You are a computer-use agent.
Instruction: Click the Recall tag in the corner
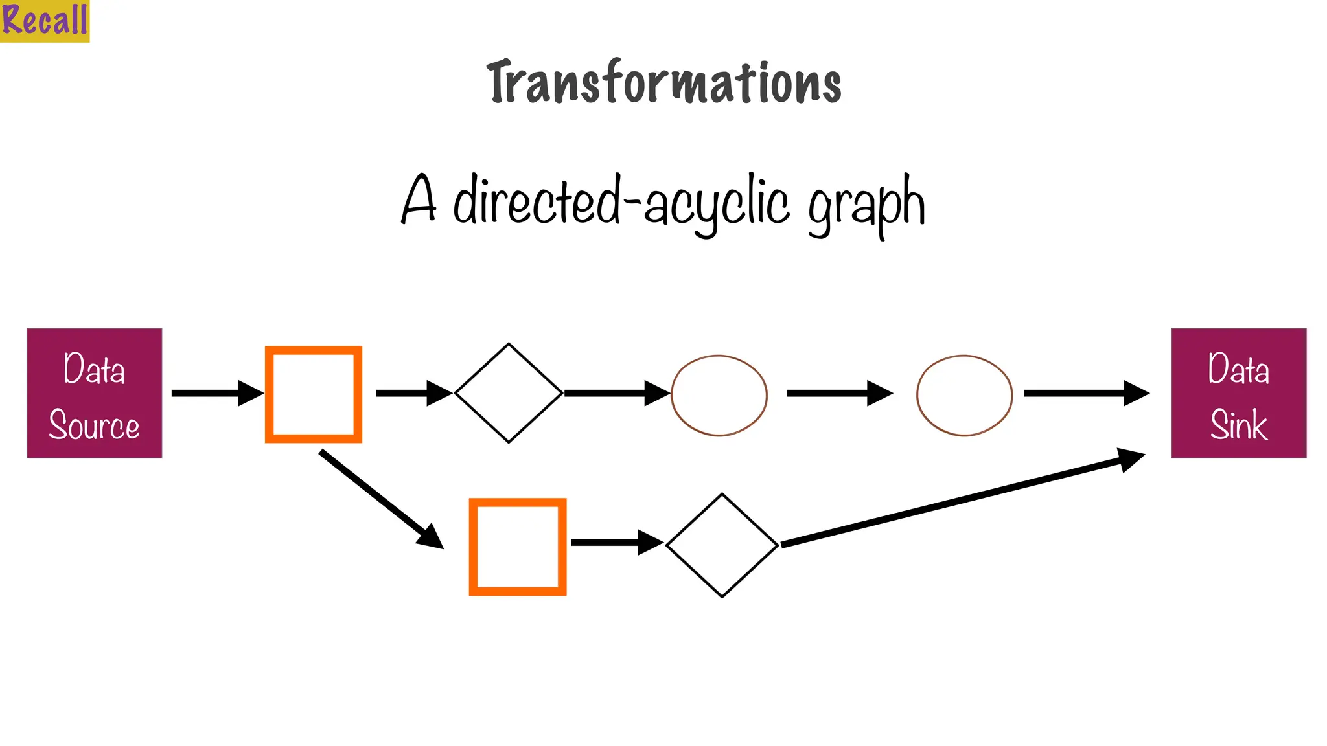pos(44,20)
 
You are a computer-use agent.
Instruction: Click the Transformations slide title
pos(663,83)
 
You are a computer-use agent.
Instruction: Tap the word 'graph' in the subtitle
pos(866,204)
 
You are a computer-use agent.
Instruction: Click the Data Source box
pos(95,393)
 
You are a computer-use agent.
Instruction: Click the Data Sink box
pos(1238,393)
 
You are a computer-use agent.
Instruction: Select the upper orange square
pos(314,394)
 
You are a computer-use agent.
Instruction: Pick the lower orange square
pos(518,547)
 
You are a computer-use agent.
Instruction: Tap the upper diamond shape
pos(509,393)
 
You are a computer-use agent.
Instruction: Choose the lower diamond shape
pos(722,545)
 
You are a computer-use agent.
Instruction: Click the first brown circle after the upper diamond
pos(719,395)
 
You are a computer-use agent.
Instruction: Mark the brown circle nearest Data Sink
pos(964,395)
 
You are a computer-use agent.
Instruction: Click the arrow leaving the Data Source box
pos(217,393)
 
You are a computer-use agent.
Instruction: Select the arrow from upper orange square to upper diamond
pos(413,393)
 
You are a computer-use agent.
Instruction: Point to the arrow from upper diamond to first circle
pos(616,393)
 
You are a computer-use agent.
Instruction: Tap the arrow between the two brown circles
pos(839,393)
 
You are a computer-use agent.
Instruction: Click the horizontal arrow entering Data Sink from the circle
pos(1086,393)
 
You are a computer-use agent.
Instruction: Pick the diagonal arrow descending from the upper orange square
pos(381,499)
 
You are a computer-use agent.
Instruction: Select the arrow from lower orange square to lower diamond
pos(617,543)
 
